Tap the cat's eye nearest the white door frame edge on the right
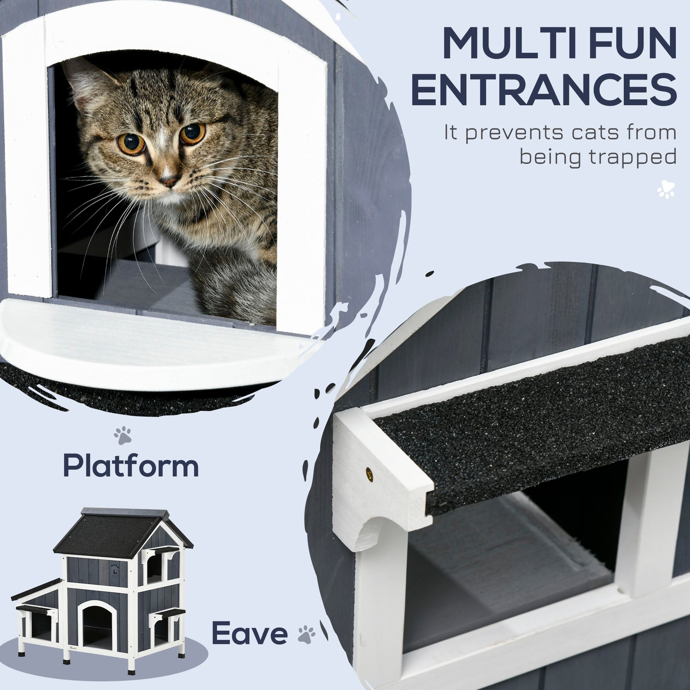click(193, 133)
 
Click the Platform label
click(131, 465)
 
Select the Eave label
click(249, 633)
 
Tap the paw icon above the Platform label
click(122, 435)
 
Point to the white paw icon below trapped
click(666, 189)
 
